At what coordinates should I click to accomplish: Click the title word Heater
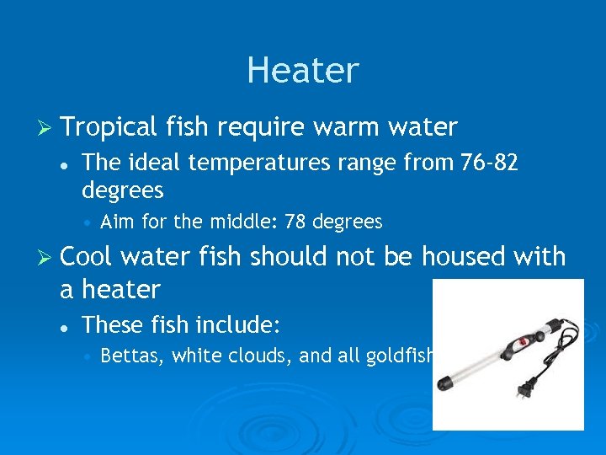click(303, 70)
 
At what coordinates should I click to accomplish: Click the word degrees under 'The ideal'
click(123, 190)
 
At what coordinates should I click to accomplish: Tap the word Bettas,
click(132, 356)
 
